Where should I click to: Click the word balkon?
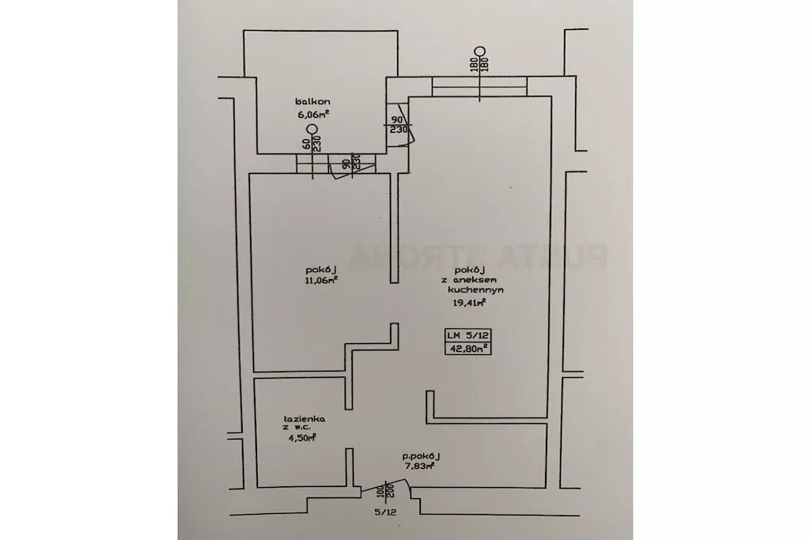[312, 101]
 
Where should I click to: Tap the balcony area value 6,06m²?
[313, 113]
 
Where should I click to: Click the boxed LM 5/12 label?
[468, 334]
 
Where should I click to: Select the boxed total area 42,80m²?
[468, 346]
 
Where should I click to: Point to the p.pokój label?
[420, 456]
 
